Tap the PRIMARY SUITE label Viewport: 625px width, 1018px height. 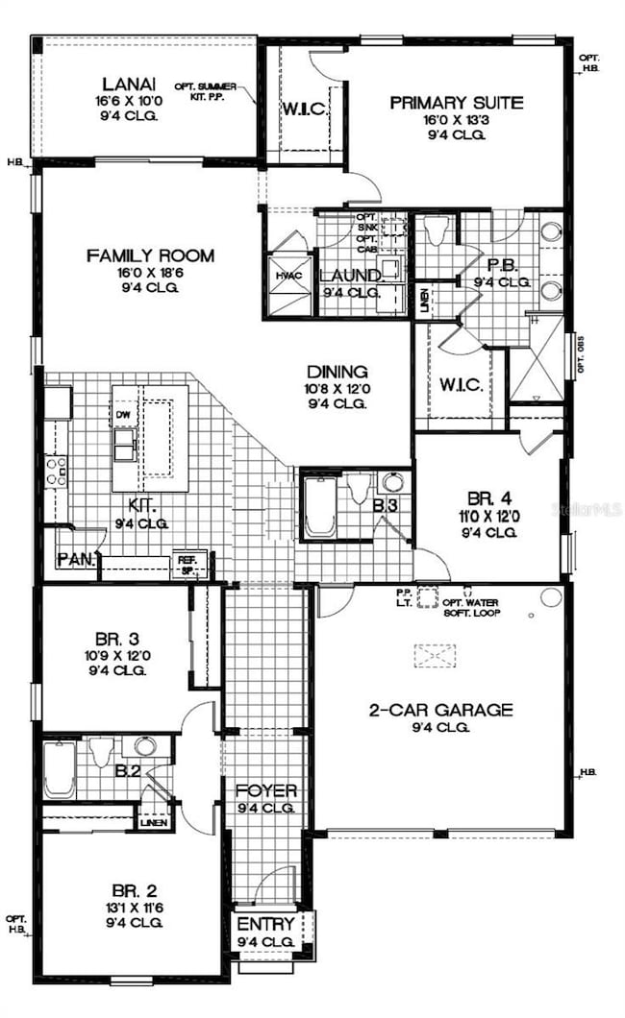(x=457, y=103)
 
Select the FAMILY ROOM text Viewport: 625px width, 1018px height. (x=150, y=255)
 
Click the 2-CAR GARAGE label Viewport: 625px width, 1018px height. (x=441, y=711)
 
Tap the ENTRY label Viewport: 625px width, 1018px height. (x=265, y=924)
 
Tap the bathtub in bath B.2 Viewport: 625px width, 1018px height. (x=60, y=768)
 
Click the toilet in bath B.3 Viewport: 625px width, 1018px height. (x=359, y=488)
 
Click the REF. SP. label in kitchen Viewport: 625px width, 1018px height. (x=185, y=561)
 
